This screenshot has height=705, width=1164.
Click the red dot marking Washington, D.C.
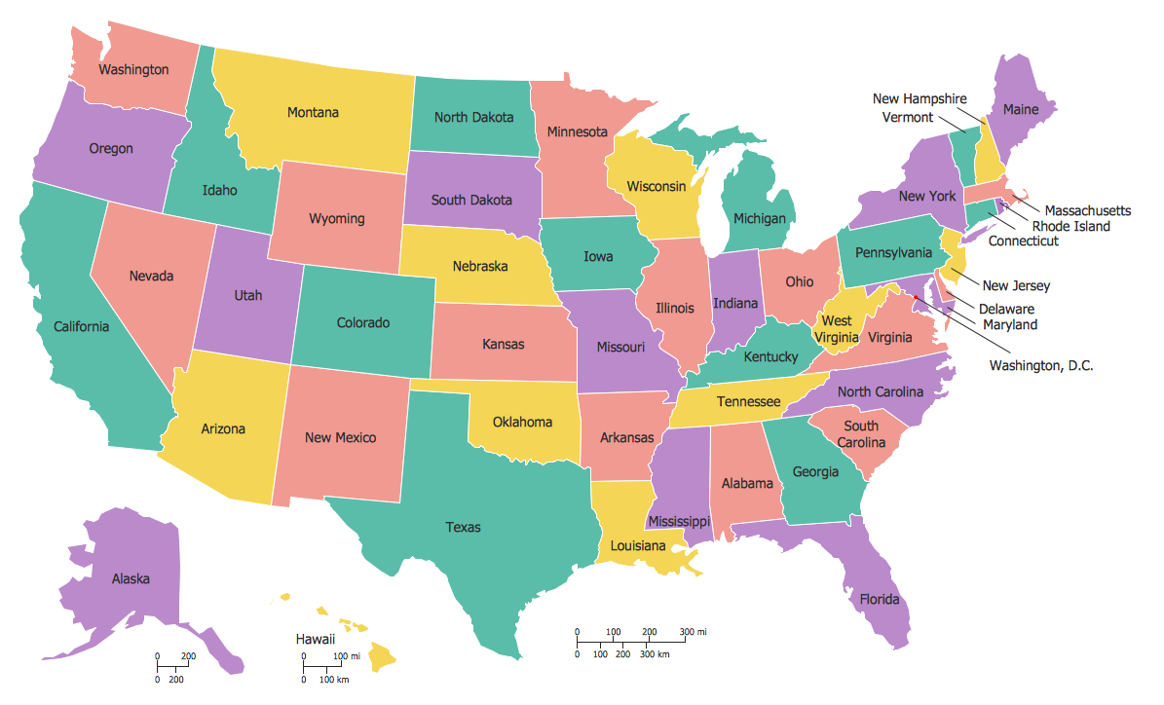click(x=917, y=299)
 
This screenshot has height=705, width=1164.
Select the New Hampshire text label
click(x=920, y=99)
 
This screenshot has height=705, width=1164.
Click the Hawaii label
click(x=316, y=639)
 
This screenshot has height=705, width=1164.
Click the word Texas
click(x=464, y=528)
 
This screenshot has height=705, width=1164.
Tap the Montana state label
click(x=313, y=113)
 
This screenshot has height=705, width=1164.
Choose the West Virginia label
click(x=836, y=329)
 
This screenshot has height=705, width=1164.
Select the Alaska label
click(x=131, y=578)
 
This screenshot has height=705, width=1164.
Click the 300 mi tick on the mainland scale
click(x=686, y=633)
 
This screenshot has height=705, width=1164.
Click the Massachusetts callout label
click(x=1087, y=210)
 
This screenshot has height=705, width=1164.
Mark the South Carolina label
click(x=861, y=434)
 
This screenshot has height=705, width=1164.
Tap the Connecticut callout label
click(x=1023, y=241)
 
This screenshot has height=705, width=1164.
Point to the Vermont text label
click(x=907, y=117)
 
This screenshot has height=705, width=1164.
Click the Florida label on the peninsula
click(x=879, y=600)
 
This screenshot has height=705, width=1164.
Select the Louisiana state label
click(x=638, y=546)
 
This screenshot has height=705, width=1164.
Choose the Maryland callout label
click(x=1009, y=325)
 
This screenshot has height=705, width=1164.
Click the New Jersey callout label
click(x=1016, y=285)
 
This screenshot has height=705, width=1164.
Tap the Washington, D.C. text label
click(x=1040, y=366)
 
